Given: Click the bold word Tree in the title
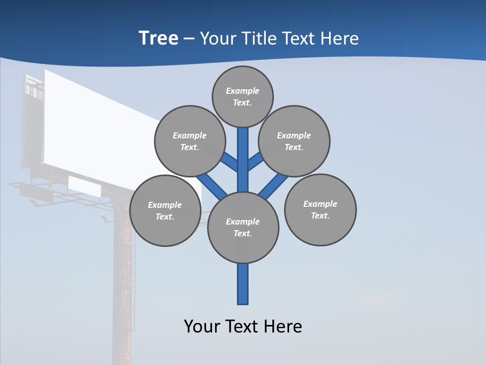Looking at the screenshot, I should pyautogui.click(x=158, y=38).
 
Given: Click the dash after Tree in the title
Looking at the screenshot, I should pyautogui.click(x=189, y=39).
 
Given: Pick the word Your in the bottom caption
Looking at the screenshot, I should pyautogui.click(x=201, y=326).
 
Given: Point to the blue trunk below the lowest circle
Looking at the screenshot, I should pyautogui.click(x=243, y=284).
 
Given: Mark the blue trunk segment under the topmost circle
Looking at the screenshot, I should pyautogui.click(x=243, y=152).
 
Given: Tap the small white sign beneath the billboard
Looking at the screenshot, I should pyautogui.click(x=84, y=186).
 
